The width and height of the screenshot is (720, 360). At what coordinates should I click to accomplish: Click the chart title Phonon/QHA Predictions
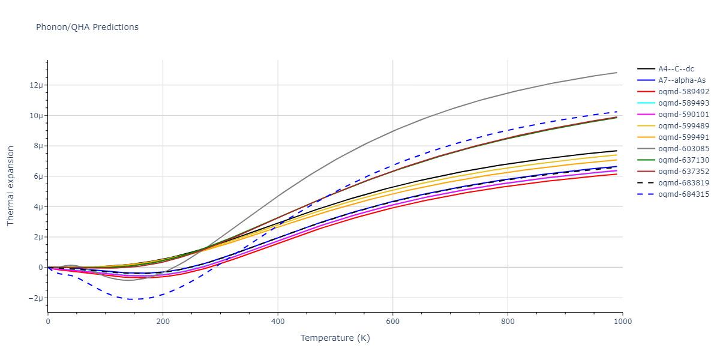pos(87,27)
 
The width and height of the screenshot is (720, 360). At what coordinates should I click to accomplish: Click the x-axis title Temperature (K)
pos(335,338)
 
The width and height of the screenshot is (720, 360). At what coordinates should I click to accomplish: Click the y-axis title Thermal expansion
pos(10,188)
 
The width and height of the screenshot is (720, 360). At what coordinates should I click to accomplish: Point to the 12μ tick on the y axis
pos(37,85)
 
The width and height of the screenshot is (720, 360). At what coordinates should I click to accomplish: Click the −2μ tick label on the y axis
pos(36,298)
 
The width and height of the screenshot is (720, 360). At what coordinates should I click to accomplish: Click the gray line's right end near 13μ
pos(617,73)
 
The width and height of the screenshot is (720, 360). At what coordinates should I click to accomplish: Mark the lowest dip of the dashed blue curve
pos(133,299)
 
